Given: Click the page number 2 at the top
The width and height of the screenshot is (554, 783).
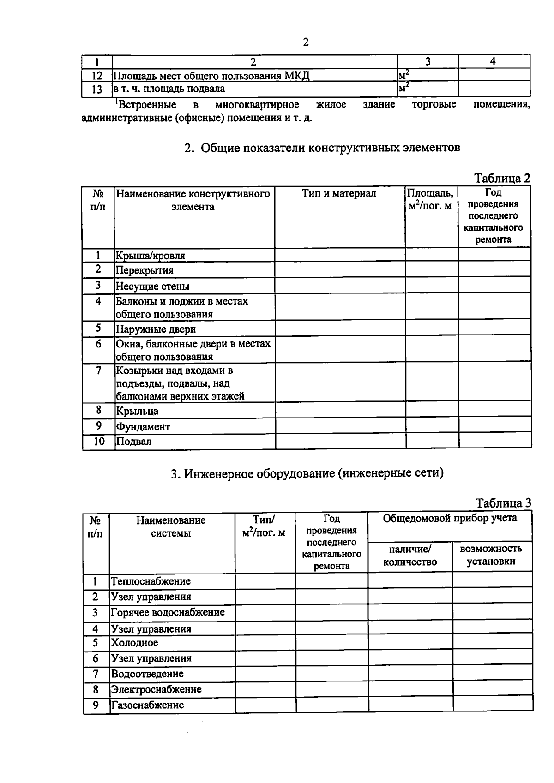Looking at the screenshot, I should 305,42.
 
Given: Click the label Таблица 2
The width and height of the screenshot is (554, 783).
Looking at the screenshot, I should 502,179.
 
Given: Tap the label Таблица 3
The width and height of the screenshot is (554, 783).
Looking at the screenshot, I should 503,503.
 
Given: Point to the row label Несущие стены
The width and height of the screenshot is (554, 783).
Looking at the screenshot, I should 152,287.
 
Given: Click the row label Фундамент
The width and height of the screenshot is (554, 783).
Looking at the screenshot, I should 143,427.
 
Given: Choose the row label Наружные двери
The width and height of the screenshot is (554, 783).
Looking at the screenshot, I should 156,329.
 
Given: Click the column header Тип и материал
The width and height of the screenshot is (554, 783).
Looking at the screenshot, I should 339,193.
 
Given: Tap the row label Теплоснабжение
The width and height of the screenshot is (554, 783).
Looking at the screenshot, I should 151,581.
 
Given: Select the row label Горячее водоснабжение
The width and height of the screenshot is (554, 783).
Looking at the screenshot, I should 168,612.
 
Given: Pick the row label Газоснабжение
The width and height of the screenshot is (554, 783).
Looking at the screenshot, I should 147,705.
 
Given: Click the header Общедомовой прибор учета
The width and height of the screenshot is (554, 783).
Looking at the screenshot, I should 450,518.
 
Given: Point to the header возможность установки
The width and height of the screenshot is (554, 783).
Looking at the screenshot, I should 491,555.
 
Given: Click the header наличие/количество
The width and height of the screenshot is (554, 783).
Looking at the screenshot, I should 410,555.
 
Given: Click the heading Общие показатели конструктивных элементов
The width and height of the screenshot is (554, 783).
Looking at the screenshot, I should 322,148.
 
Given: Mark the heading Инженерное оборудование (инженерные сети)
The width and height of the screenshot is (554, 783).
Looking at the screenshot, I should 307,473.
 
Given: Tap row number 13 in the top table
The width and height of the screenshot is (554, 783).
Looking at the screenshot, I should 97,89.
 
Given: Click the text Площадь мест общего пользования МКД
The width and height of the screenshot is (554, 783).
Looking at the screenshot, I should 211,76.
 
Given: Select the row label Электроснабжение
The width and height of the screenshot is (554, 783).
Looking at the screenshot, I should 156,689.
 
